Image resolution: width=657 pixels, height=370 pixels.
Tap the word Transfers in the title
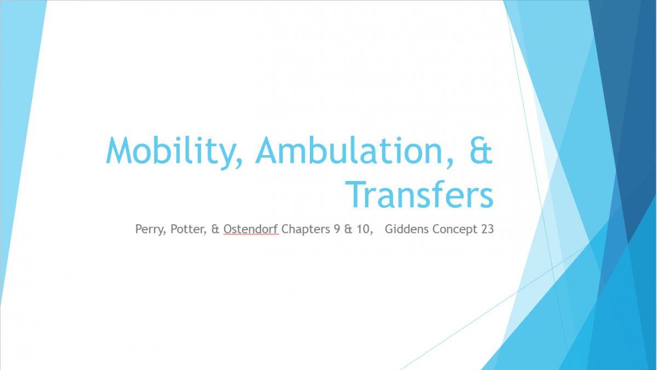point(419,195)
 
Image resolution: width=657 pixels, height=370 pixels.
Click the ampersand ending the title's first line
point(481,150)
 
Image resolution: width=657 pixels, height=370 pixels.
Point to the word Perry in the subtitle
point(149,229)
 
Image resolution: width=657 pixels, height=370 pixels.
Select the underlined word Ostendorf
point(251,229)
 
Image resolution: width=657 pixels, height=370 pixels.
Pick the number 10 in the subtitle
point(364,229)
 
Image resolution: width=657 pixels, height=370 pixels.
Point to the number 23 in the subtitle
point(487,229)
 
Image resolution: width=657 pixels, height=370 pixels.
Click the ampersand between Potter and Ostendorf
point(215,229)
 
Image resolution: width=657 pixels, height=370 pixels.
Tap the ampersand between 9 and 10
point(348,229)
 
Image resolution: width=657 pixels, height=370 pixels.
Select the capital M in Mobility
point(119,150)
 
